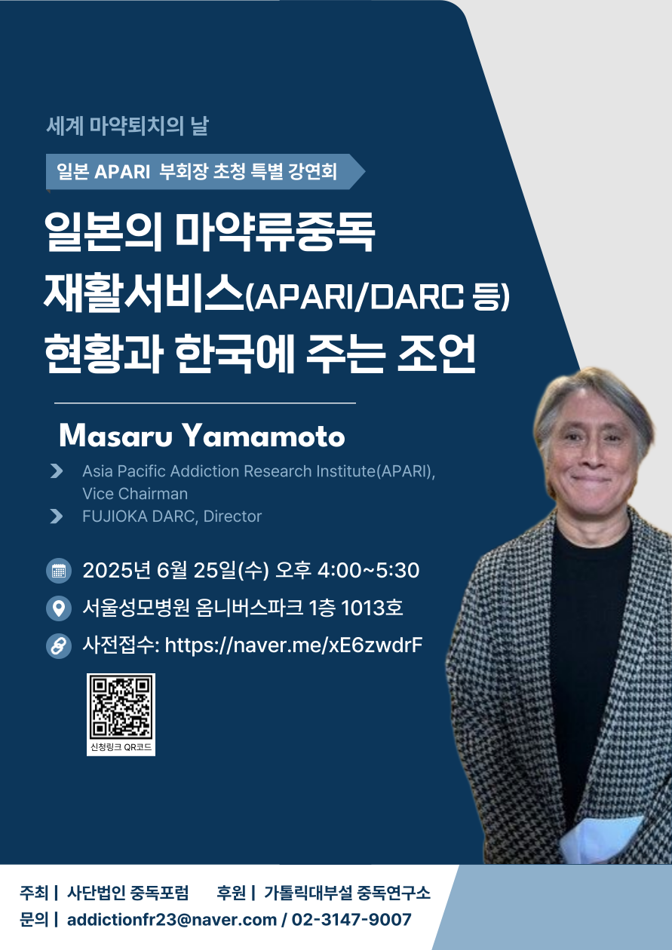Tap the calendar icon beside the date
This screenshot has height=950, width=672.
[x=59, y=571]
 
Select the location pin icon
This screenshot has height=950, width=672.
[x=59, y=608]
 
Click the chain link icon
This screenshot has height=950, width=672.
[x=59, y=646]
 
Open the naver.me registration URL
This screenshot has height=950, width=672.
[x=293, y=645]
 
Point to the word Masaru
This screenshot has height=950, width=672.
[x=116, y=436]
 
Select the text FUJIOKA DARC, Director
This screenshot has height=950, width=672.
[x=172, y=516]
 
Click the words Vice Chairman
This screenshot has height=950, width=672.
[x=135, y=494]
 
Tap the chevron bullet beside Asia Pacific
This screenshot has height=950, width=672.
[x=57, y=470]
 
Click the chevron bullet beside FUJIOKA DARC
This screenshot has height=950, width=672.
[x=57, y=516]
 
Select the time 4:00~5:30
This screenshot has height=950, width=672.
[x=368, y=570]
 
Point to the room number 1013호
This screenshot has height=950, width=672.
[x=372, y=608]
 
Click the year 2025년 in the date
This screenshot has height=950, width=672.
[x=117, y=570]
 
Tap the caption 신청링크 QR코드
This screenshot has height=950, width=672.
[x=121, y=747]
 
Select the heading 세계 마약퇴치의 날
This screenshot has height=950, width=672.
[x=127, y=126]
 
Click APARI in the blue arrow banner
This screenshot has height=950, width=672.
[x=122, y=172]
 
